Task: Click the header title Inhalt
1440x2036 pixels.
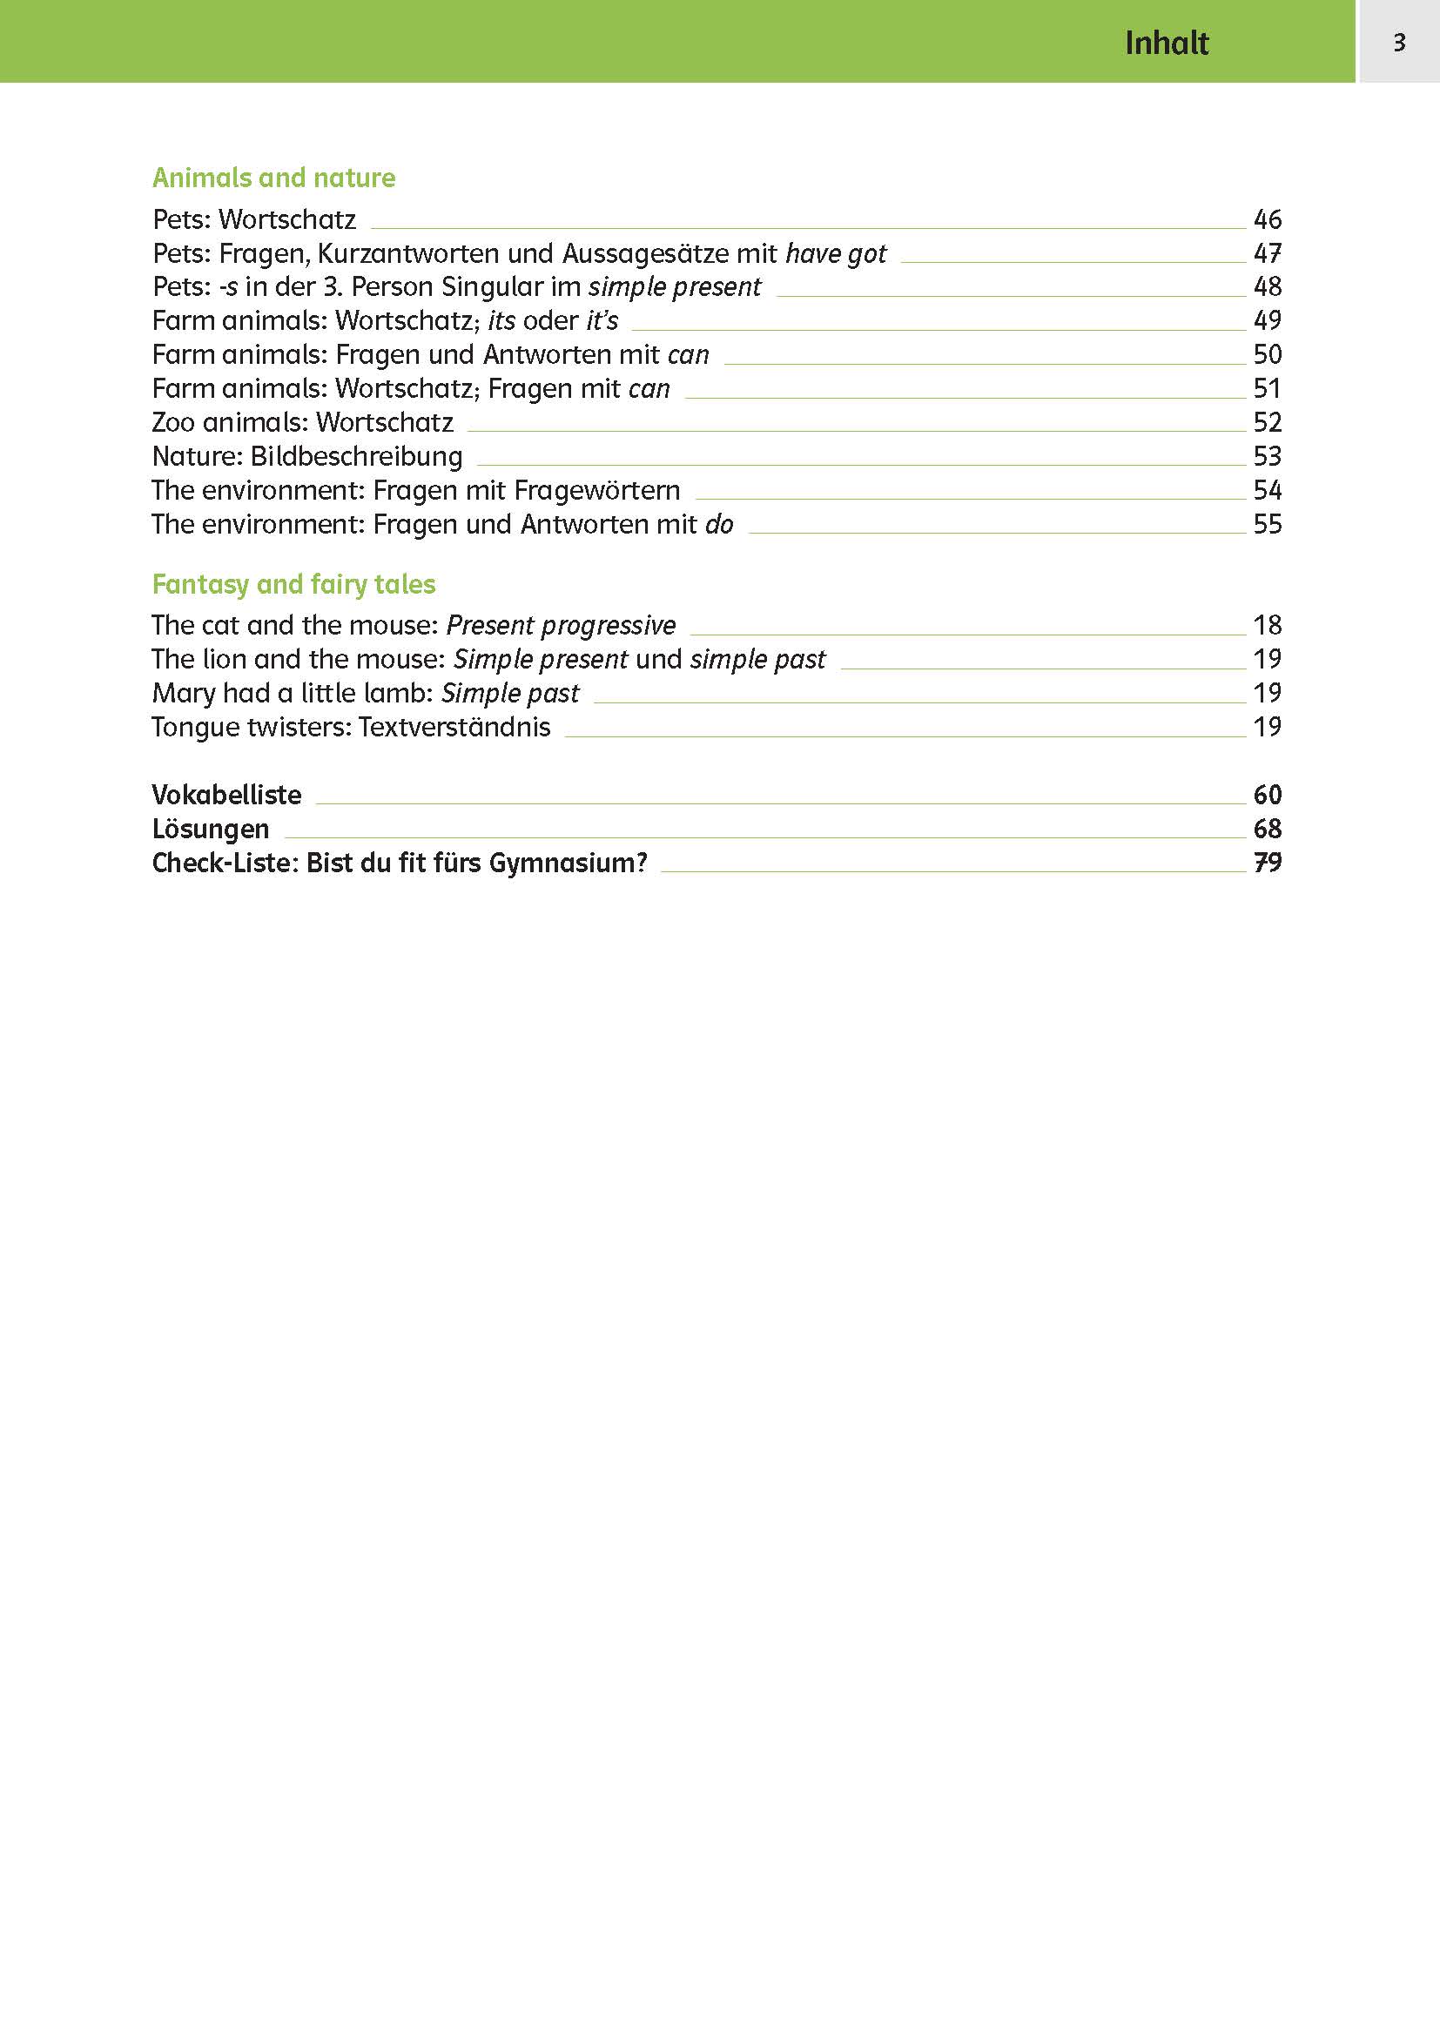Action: tap(1166, 43)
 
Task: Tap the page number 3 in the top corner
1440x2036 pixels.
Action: tap(1399, 42)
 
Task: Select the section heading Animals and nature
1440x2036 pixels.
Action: tap(273, 178)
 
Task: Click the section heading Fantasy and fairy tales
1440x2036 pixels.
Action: tap(293, 584)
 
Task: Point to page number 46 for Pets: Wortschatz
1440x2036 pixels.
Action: tap(1267, 219)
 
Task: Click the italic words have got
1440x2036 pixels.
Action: tap(835, 253)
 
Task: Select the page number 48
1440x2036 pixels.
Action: tap(1267, 286)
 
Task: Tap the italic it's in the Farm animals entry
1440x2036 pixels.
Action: tap(602, 320)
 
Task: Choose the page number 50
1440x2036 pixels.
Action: tap(1267, 354)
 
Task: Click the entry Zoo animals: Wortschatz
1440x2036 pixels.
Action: tap(302, 422)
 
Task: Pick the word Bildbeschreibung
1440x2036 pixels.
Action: tap(356, 457)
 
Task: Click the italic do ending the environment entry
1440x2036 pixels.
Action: tap(719, 524)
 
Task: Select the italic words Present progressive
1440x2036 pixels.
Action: tap(561, 625)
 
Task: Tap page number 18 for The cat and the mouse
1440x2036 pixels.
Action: tap(1267, 625)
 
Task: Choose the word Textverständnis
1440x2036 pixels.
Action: tap(454, 727)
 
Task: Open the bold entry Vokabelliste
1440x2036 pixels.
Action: tap(226, 795)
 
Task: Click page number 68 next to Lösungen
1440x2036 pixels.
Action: tap(1267, 828)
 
